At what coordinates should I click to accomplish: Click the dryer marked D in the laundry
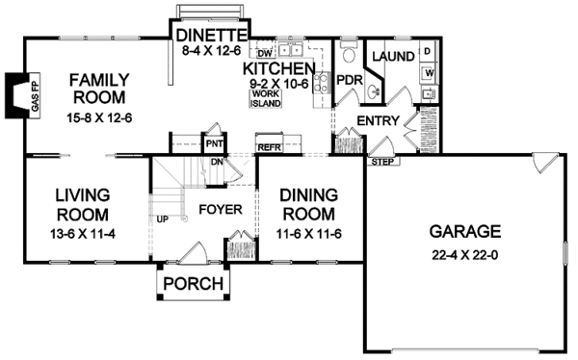point(427,54)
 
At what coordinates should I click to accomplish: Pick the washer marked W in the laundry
point(427,73)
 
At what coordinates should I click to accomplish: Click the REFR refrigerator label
point(268,148)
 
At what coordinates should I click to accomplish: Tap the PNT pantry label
point(215,144)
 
